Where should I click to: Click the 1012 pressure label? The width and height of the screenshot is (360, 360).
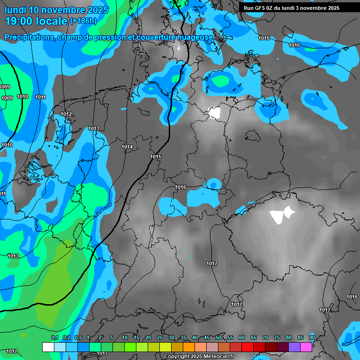point(66,114)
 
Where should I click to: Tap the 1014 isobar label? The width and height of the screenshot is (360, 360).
point(127,147)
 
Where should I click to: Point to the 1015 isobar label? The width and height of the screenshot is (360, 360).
point(156,157)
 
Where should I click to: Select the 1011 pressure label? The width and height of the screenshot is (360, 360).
point(41,97)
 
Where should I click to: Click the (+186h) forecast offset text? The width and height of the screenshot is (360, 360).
point(83,21)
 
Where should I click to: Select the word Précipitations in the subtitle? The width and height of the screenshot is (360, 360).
point(29,37)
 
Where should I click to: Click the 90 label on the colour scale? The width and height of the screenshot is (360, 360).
point(312,337)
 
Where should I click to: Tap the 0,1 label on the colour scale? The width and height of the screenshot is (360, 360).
point(55,337)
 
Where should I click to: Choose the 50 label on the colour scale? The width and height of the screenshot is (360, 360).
point(218,337)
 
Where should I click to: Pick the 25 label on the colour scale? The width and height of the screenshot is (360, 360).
point(160,337)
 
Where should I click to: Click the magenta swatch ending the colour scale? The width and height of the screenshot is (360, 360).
point(306,347)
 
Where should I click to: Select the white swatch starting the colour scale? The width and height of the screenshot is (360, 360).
point(48,347)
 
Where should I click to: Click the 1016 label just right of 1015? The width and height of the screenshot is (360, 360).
point(180,187)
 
